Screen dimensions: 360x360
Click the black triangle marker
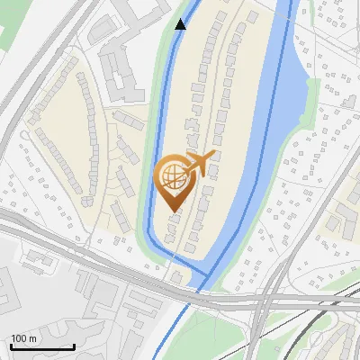[181, 24]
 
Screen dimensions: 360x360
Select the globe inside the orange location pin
[174, 175]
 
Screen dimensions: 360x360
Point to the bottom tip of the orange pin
[174, 210]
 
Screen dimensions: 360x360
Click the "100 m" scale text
[24, 338]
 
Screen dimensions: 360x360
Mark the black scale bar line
[41, 346]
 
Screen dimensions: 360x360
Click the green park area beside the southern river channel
[207, 337]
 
